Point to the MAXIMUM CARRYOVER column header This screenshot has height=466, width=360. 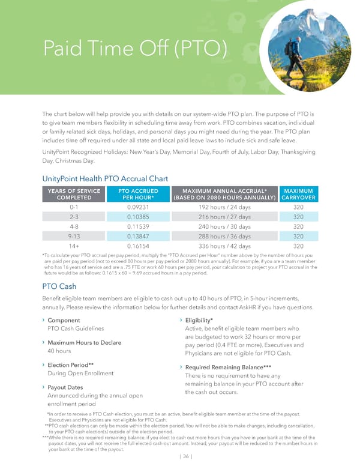tap(298, 195)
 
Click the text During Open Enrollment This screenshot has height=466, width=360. tap(80, 374)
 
